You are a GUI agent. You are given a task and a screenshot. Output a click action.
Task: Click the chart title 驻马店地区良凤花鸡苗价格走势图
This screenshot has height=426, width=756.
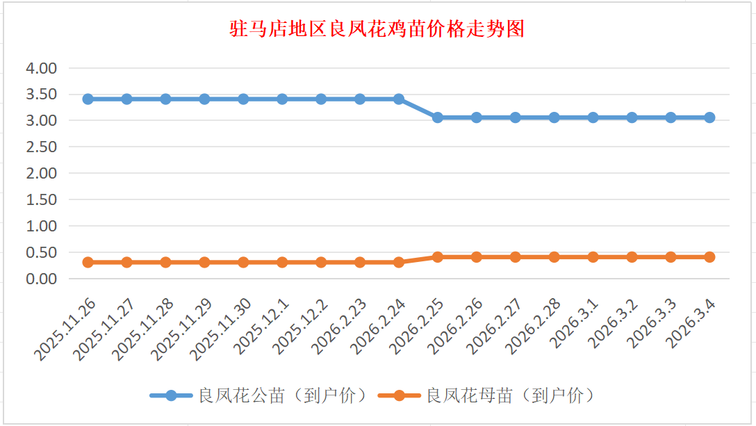click(x=377, y=29)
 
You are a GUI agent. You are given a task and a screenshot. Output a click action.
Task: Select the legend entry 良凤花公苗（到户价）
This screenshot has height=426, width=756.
click(x=258, y=395)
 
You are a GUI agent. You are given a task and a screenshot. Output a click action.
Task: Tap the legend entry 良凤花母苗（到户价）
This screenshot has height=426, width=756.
click(x=486, y=395)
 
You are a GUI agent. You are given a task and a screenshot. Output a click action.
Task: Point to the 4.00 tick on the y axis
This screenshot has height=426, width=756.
click(x=41, y=68)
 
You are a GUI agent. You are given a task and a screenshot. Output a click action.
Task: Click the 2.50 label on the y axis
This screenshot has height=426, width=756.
click(x=41, y=147)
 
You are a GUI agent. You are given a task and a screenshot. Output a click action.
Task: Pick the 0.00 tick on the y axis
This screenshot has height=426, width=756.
click(x=41, y=279)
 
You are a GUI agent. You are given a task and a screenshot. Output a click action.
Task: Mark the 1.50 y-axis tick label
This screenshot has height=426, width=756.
click(x=41, y=199)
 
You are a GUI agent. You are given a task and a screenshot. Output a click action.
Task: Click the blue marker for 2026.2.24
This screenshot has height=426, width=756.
click(x=399, y=99)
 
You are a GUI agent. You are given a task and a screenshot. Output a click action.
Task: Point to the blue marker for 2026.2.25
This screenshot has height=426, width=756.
click(x=438, y=117)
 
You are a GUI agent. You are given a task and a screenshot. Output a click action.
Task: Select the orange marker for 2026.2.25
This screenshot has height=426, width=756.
click(x=438, y=257)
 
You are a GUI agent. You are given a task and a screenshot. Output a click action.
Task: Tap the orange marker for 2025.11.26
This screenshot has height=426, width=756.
click(x=88, y=262)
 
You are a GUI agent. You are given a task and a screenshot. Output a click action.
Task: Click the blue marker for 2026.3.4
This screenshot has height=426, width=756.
click(x=709, y=117)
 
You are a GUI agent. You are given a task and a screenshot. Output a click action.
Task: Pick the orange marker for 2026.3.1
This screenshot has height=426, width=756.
click(x=593, y=257)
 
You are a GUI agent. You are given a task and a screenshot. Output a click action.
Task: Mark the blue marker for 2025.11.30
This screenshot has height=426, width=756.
click(x=243, y=99)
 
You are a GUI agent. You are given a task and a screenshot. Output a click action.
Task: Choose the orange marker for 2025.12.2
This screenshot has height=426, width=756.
click(x=321, y=262)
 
